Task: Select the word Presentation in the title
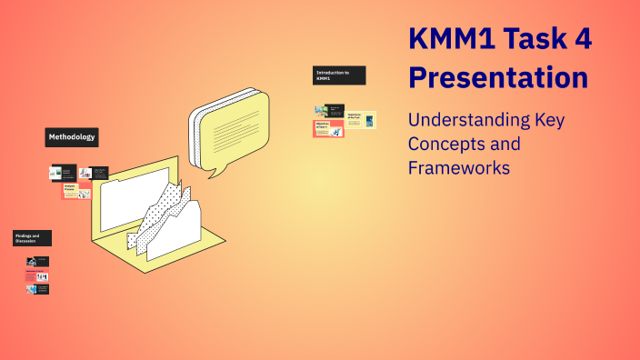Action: pos(498,77)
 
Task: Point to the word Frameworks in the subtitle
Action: pos(457,167)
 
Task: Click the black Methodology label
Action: pos(71,137)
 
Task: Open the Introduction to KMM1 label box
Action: pos(339,75)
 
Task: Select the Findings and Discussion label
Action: pos(33,238)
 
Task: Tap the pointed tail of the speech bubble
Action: pos(212,169)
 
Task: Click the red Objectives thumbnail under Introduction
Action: pos(328,128)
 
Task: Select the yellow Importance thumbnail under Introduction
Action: pos(359,117)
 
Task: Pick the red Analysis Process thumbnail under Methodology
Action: pos(76,191)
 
